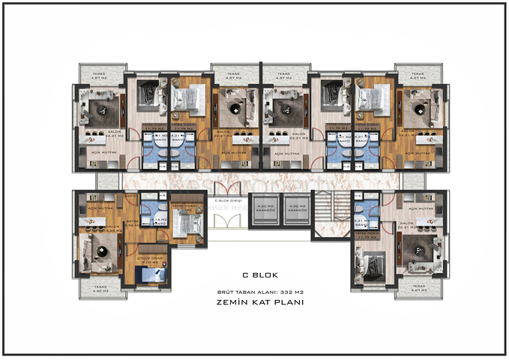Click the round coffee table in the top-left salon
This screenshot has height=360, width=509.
pyautogui.click(x=98, y=109)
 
